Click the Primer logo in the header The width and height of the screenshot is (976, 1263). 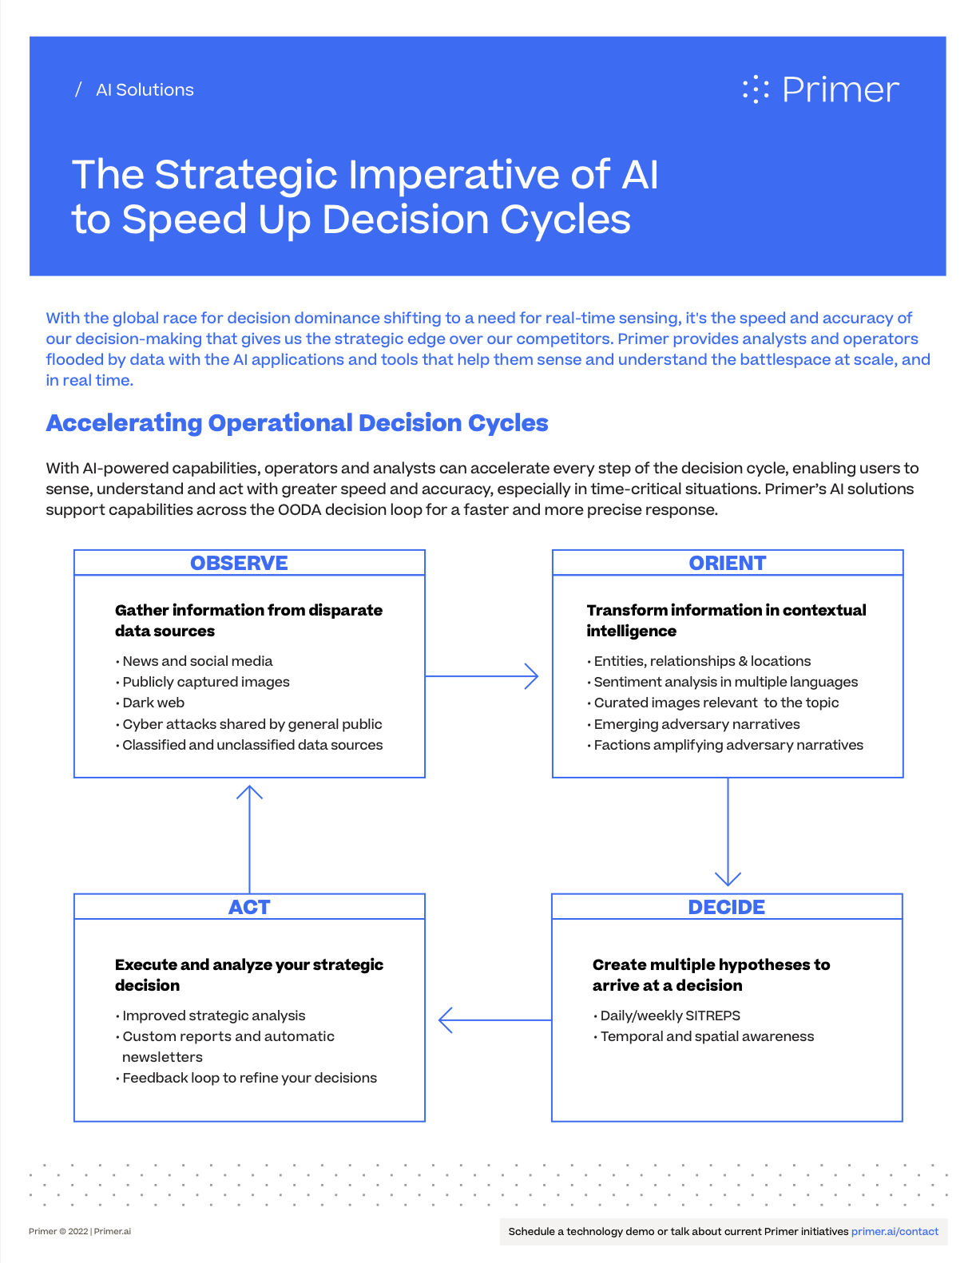[x=820, y=89]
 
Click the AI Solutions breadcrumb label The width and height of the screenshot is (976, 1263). [x=145, y=90]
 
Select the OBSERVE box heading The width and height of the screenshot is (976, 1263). [x=239, y=563]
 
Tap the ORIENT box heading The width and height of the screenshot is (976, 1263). [x=727, y=563]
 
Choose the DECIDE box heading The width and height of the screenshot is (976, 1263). [x=726, y=907]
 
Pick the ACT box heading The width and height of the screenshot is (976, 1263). [x=249, y=907]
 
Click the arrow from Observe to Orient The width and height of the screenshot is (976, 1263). [x=482, y=676]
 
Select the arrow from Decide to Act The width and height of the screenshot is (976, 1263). [x=494, y=1020]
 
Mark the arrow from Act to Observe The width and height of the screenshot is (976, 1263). [x=250, y=838]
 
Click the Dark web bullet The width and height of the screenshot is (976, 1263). [x=153, y=703]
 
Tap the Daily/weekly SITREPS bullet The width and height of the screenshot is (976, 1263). [x=669, y=1016]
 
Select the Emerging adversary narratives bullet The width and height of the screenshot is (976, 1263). [x=696, y=724]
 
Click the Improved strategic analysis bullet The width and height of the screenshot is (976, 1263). [x=213, y=1016]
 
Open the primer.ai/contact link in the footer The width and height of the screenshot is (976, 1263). [x=895, y=1231]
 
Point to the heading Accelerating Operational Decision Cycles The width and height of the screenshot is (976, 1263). [x=297, y=423]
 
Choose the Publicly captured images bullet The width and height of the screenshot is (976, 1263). [x=205, y=682]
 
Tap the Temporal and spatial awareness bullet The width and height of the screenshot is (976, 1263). [x=707, y=1036]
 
